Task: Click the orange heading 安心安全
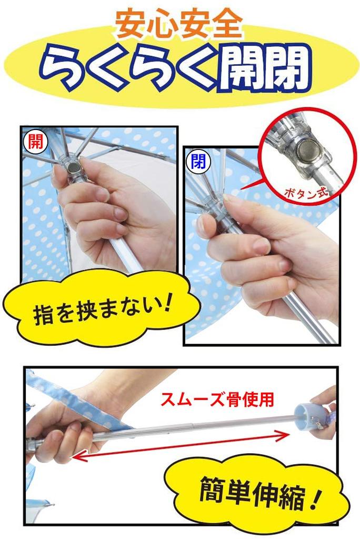(179, 24)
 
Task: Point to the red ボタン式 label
(304, 192)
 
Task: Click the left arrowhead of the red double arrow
(76, 456)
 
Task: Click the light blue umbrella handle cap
(307, 417)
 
